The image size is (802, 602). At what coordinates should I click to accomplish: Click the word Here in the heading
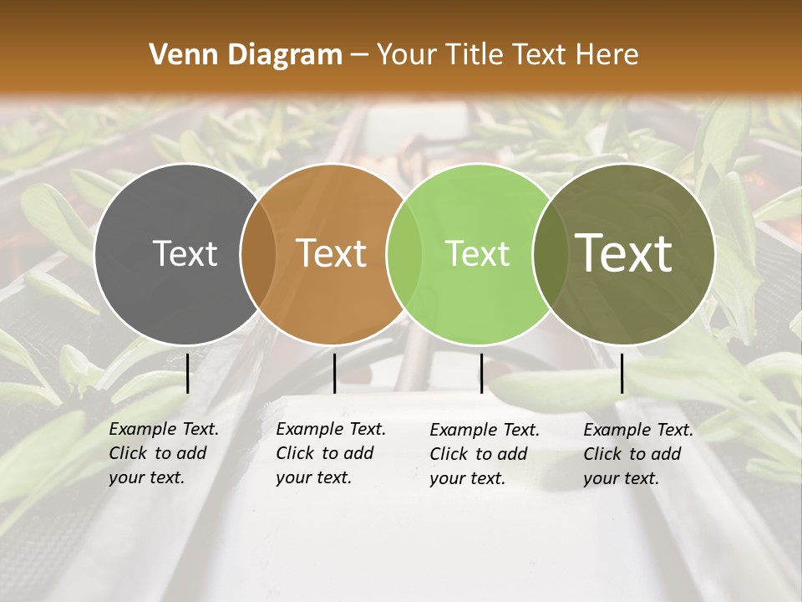[607, 55]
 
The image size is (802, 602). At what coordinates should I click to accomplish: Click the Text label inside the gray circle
[185, 253]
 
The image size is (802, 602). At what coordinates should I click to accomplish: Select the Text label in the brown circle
[332, 253]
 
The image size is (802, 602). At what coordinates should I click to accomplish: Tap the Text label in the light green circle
[477, 253]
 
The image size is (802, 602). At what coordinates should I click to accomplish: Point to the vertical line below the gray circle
[188, 373]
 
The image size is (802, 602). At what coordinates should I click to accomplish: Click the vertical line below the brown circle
[334, 373]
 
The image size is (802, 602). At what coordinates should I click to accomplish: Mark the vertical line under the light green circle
[481, 373]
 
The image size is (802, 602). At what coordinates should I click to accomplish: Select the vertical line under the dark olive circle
[622, 373]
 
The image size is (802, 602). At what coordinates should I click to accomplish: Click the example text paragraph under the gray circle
[164, 453]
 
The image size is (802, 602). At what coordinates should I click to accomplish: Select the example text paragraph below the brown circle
[331, 453]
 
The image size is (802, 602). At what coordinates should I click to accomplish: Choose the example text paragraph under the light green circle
[485, 454]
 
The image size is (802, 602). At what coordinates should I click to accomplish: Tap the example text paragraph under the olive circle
[638, 454]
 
